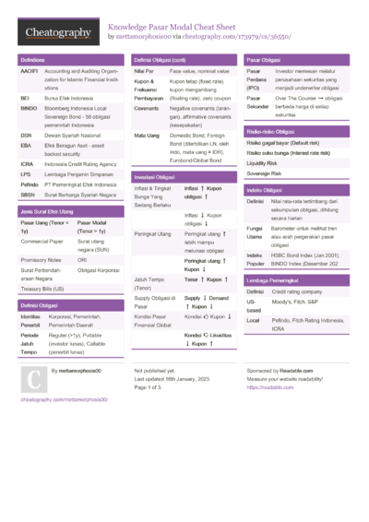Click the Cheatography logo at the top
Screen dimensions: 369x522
pos(57,33)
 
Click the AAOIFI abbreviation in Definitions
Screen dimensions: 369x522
pos(29,70)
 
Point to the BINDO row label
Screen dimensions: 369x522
pos(28,108)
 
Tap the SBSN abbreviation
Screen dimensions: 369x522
pos(28,195)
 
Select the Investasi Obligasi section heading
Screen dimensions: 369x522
pos(154,176)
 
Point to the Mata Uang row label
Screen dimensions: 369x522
pos(147,136)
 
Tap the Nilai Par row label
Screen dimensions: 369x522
pos(143,70)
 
